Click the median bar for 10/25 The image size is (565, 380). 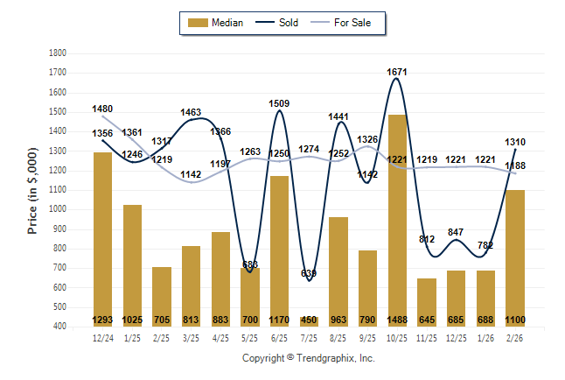397,219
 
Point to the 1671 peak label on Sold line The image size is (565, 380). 397,72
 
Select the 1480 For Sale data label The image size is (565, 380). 102,109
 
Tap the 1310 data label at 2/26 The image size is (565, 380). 515,142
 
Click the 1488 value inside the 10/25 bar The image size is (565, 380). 397,320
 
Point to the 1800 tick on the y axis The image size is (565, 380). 59,53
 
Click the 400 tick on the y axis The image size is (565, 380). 61,327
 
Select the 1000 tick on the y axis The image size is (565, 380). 59,209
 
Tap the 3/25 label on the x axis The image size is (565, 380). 191,337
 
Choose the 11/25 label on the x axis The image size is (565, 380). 427,337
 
